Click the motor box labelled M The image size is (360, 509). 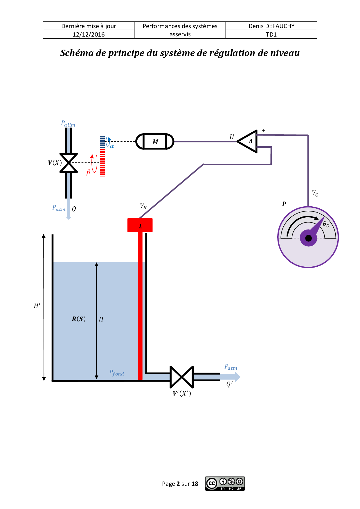coord(155,142)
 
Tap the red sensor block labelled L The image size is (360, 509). coord(140,225)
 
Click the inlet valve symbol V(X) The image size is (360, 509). coord(69,163)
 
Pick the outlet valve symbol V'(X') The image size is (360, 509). coord(181,377)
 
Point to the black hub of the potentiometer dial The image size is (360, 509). coord(308,238)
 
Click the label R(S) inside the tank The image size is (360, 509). coord(79,319)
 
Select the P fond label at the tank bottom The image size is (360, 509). coord(116,373)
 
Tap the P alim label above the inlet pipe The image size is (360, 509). coord(68,124)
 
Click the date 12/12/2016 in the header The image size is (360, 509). coord(89,35)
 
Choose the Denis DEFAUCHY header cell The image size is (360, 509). coord(271,26)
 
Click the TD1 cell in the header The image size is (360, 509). coord(271,35)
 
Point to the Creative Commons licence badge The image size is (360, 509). coord(225,483)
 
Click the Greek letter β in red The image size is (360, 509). coord(88,172)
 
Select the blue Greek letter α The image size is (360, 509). coord(112,146)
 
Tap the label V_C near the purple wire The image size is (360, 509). coord(315,193)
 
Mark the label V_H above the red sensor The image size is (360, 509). coord(143,206)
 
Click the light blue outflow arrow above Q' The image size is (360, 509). coord(231,377)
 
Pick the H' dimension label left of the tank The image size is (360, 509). coord(37,306)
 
